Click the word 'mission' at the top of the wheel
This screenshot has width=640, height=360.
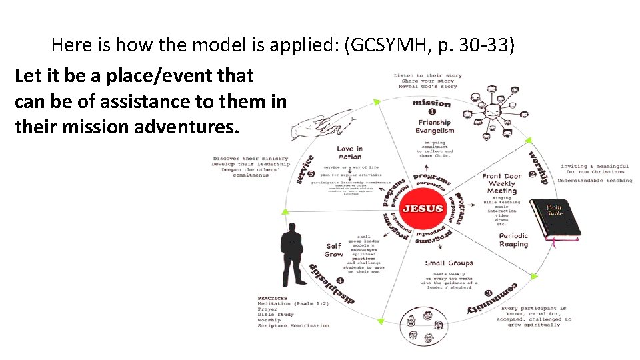click(431, 103)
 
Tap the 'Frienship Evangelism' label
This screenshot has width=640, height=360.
click(435, 126)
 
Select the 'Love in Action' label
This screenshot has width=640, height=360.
click(349, 153)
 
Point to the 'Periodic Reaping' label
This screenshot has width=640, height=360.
click(513, 240)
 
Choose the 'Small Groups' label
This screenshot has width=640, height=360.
click(449, 263)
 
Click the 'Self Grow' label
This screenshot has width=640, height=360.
click(334, 250)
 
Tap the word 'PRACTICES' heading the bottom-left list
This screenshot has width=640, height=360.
click(272, 298)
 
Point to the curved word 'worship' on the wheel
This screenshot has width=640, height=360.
click(539, 167)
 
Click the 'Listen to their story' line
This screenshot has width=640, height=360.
click(427, 75)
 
